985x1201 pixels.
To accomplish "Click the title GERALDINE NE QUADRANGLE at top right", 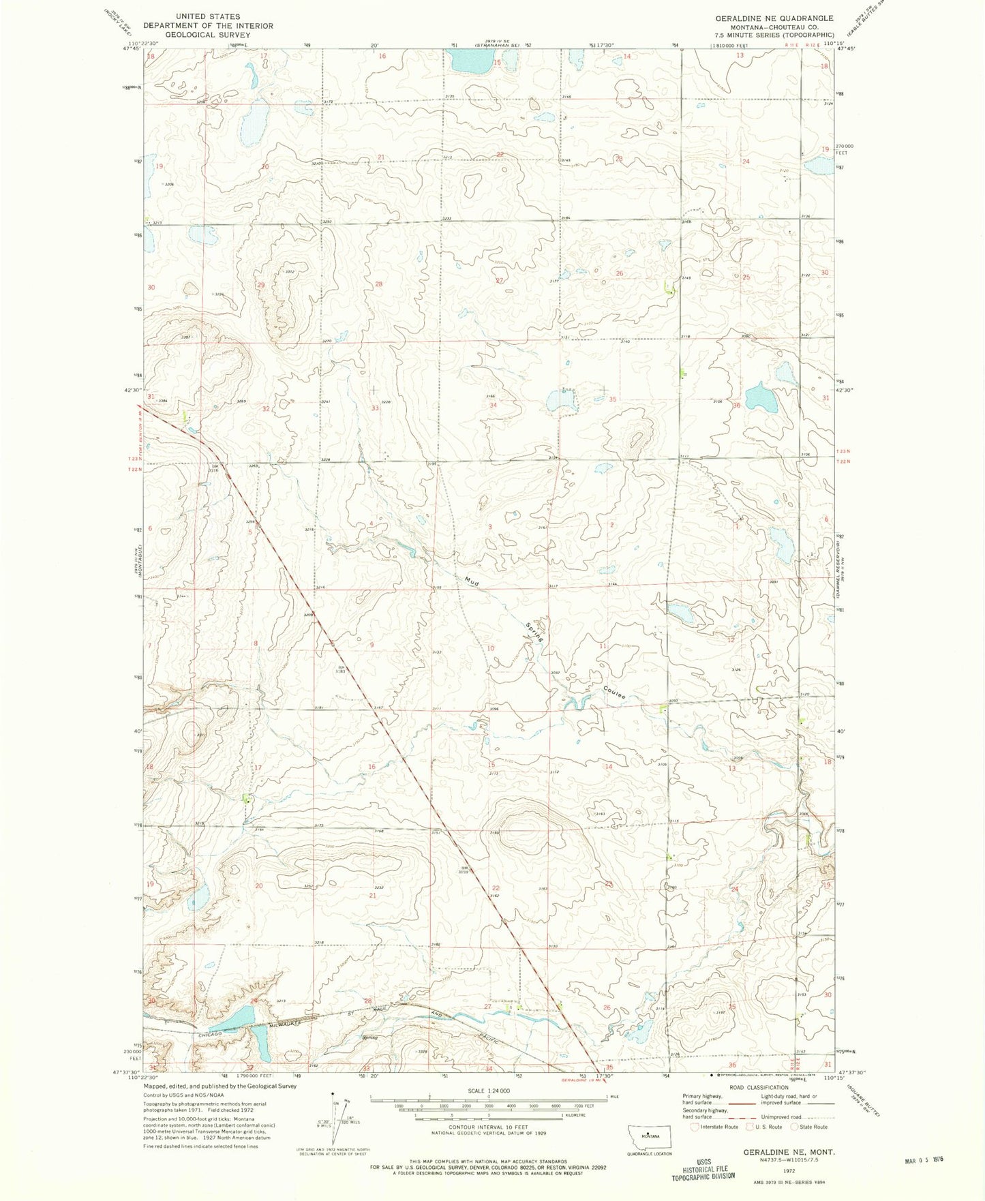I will [x=774, y=18].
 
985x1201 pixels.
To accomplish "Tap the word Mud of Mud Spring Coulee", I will [x=471, y=581].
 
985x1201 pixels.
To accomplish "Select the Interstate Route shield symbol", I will [x=695, y=1127].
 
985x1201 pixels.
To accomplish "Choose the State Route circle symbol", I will [x=794, y=1127].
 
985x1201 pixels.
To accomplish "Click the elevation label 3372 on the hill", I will [x=289, y=271].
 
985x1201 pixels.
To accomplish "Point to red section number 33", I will [x=374, y=408].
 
